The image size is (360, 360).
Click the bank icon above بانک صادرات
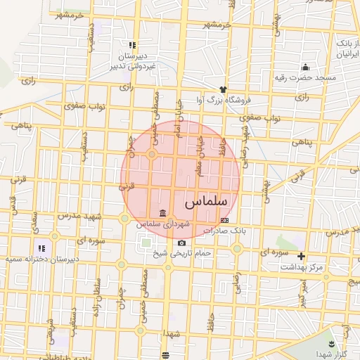click(x=224, y=220)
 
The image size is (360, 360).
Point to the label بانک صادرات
click(x=222, y=230)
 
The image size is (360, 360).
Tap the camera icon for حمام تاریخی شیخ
click(x=181, y=243)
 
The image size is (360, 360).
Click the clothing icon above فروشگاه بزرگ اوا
click(x=224, y=89)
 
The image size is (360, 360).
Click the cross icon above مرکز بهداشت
click(x=302, y=257)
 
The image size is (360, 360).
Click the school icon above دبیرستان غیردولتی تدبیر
click(x=132, y=46)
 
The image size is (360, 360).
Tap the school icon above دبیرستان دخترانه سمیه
click(x=41, y=248)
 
